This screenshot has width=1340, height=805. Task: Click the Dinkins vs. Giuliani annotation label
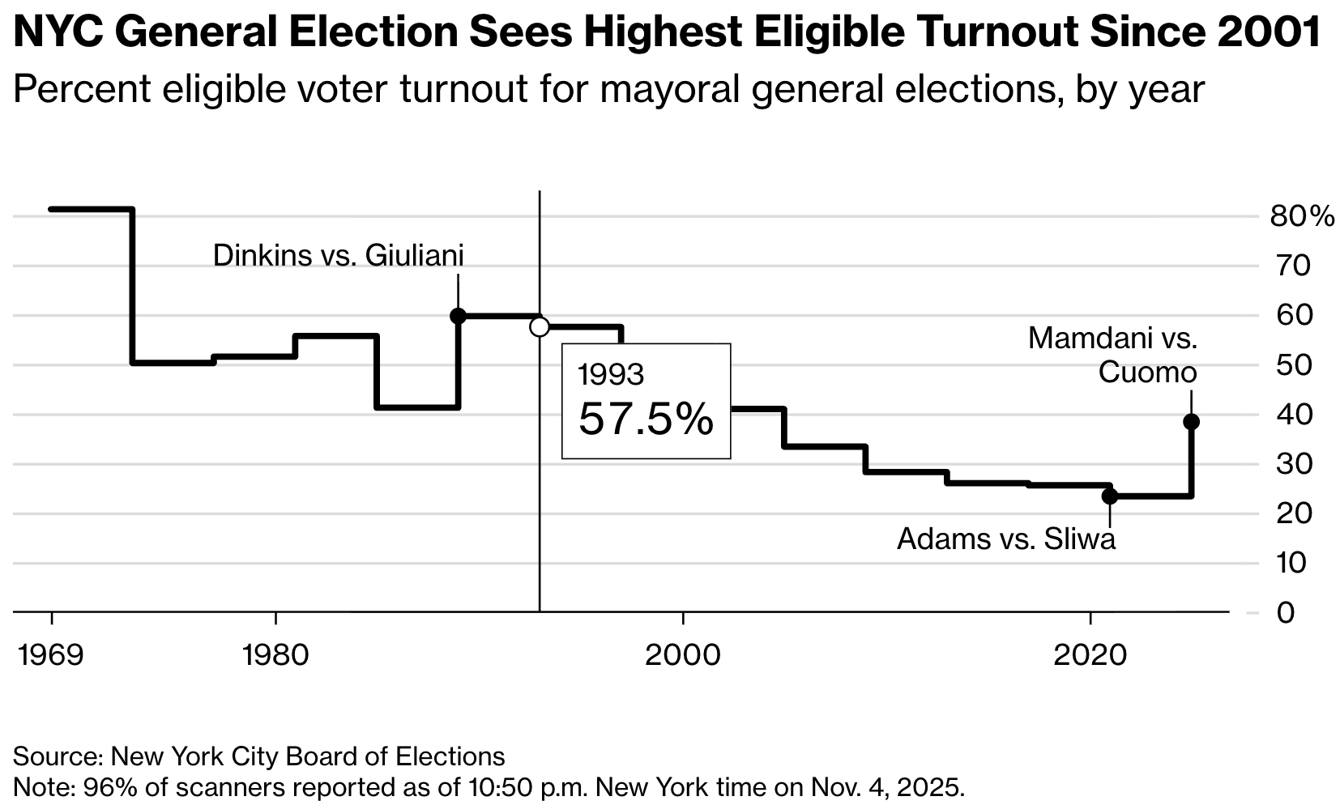338,256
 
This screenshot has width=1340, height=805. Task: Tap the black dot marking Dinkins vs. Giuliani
458,316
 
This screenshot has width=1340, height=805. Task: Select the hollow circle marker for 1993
540,327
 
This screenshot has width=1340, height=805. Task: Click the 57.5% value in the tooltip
646,420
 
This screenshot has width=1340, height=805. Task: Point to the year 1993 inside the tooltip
611,375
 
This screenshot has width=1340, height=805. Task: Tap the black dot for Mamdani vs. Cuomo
1191,422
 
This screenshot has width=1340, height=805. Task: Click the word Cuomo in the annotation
1147,373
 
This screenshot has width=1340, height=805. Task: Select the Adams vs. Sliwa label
1005,539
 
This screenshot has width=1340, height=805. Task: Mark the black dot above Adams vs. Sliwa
1110,496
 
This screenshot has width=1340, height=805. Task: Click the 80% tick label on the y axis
1301,216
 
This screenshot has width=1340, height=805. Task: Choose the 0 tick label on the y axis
1286,613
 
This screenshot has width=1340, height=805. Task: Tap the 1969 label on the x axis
51,654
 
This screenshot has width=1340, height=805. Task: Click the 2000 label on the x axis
682,654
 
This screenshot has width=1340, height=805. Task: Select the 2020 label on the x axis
1090,654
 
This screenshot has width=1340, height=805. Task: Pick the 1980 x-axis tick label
275,654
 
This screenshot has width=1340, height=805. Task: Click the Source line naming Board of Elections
258,756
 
